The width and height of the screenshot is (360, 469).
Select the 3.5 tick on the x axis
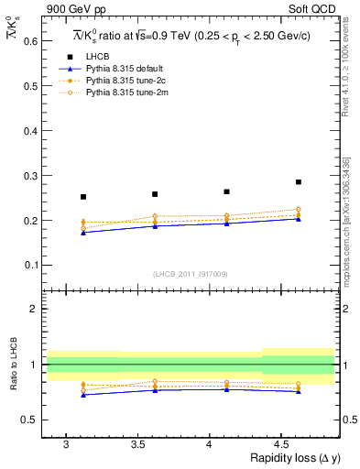click(138, 444)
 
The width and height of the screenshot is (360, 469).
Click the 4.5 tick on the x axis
click(282, 444)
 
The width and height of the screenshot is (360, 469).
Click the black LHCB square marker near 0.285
click(299, 182)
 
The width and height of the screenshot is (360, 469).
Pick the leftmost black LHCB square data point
click(83, 197)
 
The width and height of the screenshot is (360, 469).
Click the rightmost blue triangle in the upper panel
click(299, 219)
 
